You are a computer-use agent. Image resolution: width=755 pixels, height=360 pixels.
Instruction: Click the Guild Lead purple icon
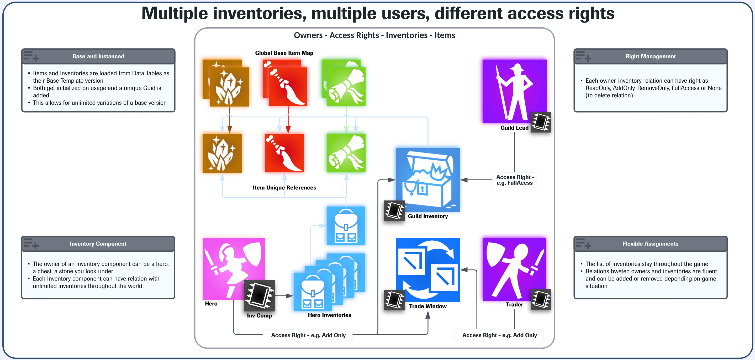[514, 91]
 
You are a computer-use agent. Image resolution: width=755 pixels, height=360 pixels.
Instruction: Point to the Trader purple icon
[514, 269]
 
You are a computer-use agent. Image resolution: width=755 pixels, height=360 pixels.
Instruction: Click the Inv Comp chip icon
[259, 295]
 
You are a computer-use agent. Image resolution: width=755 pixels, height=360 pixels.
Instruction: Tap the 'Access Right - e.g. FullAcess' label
[514, 180]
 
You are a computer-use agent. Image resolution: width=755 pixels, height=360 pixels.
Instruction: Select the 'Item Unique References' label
[284, 188]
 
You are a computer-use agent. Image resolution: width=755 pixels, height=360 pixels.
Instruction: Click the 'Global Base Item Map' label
[284, 53]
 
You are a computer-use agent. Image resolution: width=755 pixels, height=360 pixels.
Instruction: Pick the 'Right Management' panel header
[650, 56]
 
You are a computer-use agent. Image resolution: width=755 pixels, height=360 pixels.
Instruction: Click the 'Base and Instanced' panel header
[98, 56]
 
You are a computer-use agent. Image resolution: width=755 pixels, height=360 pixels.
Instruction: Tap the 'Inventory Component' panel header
[98, 243]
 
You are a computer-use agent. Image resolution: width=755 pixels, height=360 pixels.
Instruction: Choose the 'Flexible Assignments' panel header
[650, 243]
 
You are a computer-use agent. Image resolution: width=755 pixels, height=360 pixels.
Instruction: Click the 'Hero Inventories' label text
[329, 315]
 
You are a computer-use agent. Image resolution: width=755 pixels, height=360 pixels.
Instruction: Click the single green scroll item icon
[346, 153]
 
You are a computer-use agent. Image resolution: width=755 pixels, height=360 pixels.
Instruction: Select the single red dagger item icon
[284, 153]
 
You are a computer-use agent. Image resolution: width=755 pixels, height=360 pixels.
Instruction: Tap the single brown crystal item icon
[222, 153]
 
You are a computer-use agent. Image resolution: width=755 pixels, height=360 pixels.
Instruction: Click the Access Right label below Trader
[499, 335]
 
